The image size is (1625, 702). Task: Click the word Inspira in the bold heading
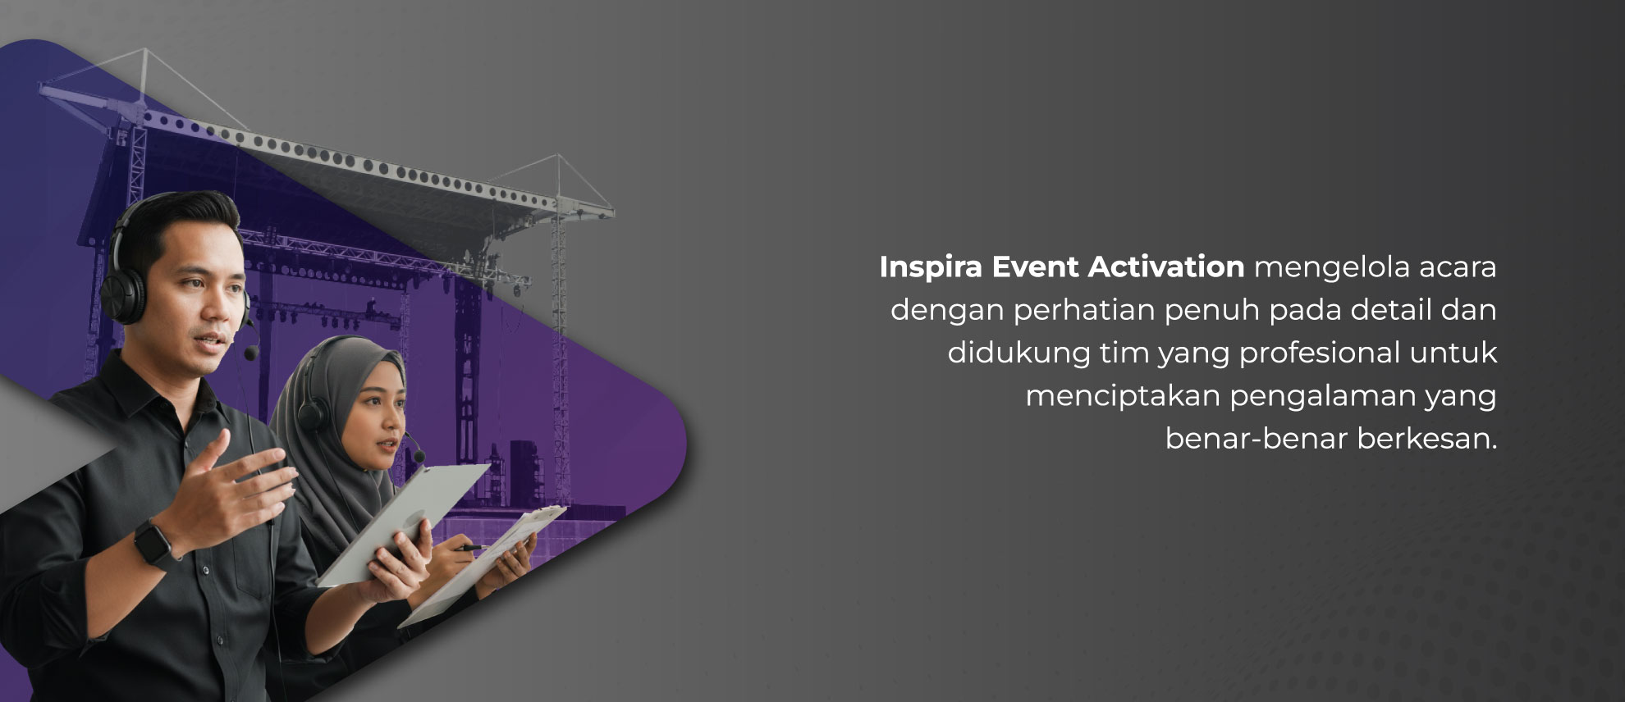point(929,268)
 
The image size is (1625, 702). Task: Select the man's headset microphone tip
point(251,353)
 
